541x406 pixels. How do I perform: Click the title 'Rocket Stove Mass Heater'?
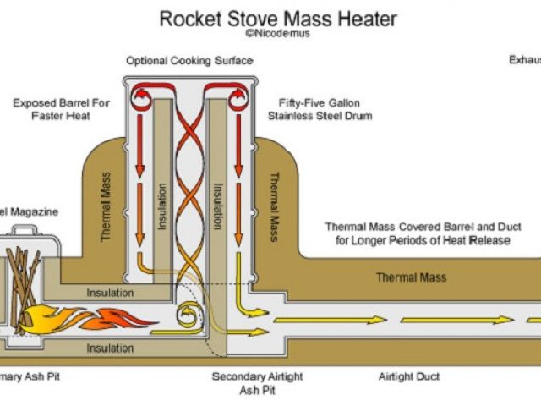pyautogui.click(x=278, y=18)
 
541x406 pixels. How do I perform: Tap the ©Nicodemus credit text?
pyautogui.click(x=277, y=35)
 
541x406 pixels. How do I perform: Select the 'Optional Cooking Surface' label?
pyautogui.click(x=189, y=61)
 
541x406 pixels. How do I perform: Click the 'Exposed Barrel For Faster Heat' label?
pyautogui.click(x=61, y=109)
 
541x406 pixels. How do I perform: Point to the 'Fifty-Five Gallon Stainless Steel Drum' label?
pyautogui.click(x=319, y=109)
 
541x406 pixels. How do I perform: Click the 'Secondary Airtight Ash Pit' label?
pyautogui.click(x=254, y=382)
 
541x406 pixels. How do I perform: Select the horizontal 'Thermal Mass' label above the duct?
pyautogui.click(x=411, y=277)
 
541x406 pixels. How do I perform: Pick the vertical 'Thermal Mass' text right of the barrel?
pyautogui.click(x=273, y=206)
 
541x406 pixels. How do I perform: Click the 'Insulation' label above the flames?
pyautogui.click(x=110, y=293)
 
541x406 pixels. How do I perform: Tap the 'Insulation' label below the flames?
pyautogui.click(x=110, y=348)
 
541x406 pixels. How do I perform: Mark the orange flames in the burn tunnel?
pyautogui.click(x=93, y=320)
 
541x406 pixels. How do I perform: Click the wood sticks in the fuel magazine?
pyautogui.click(x=25, y=271)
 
